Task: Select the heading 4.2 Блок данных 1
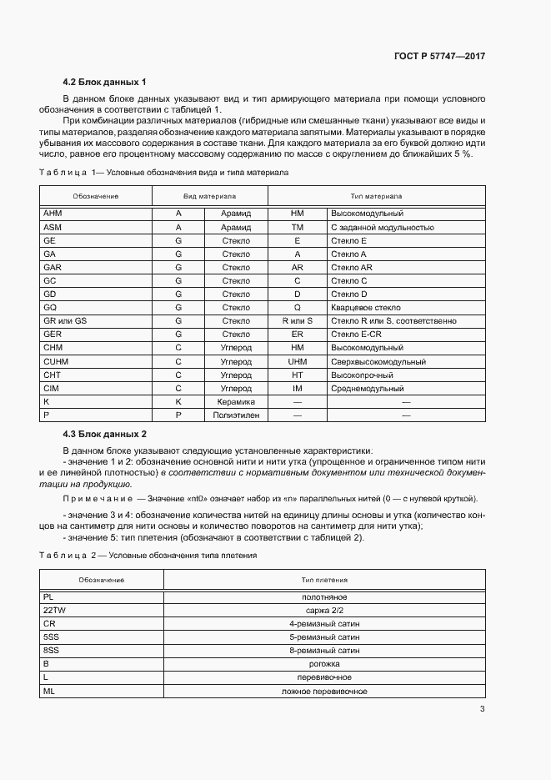click(x=104, y=82)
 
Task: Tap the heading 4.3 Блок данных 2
click(x=104, y=434)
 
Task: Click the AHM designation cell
click(x=52, y=214)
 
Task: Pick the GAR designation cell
click(x=52, y=267)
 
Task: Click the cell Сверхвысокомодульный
click(x=378, y=362)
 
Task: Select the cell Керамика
click(x=235, y=401)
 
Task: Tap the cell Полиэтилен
click(x=235, y=415)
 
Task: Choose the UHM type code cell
click(x=298, y=362)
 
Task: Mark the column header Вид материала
click(x=208, y=195)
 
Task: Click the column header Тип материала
click(x=376, y=195)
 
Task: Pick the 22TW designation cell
click(x=54, y=611)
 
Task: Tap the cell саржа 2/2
click(x=325, y=611)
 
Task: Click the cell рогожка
click(x=325, y=664)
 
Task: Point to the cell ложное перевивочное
click(x=325, y=691)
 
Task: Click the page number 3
click(x=482, y=709)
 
